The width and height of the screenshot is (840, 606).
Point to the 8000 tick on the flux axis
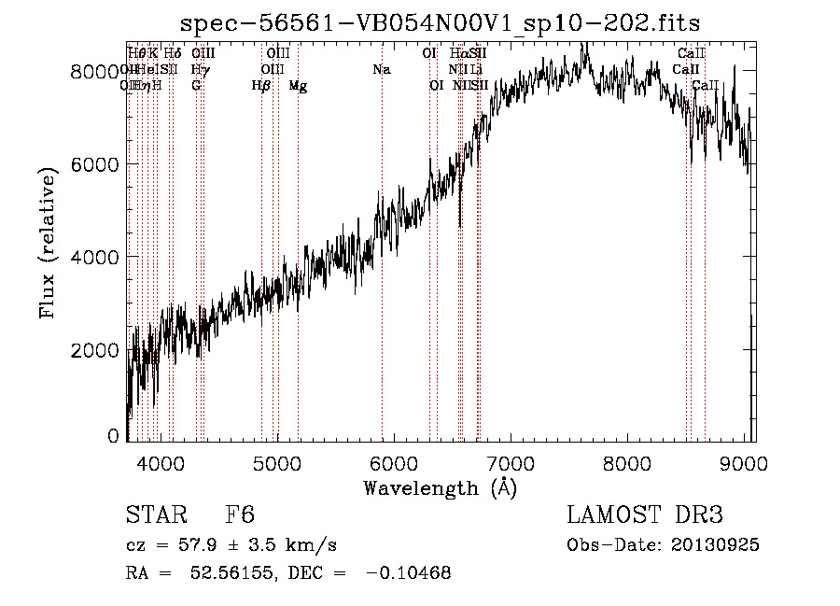click(x=97, y=71)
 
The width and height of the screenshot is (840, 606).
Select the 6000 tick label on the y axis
click(x=97, y=164)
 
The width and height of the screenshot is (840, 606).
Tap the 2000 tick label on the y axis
click(x=97, y=350)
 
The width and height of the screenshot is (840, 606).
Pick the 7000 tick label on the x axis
click(x=511, y=462)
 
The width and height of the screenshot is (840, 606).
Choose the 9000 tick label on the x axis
click(x=744, y=462)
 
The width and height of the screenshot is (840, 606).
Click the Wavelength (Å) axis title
click(x=440, y=487)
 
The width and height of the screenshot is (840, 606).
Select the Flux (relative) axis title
click(x=48, y=245)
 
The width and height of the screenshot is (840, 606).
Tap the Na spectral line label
click(x=381, y=70)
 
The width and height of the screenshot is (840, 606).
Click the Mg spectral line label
click(x=298, y=86)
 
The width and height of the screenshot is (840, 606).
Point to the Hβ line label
click(x=261, y=86)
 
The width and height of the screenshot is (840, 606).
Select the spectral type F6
click(x=240, y=516)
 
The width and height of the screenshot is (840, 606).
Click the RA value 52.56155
click(x=230, y=573)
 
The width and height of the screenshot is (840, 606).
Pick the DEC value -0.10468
click(x=410, y=573)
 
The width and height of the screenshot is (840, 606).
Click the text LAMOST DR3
click(x=645, y=516)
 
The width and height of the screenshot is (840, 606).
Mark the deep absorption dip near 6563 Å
click(x=460, y=222)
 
